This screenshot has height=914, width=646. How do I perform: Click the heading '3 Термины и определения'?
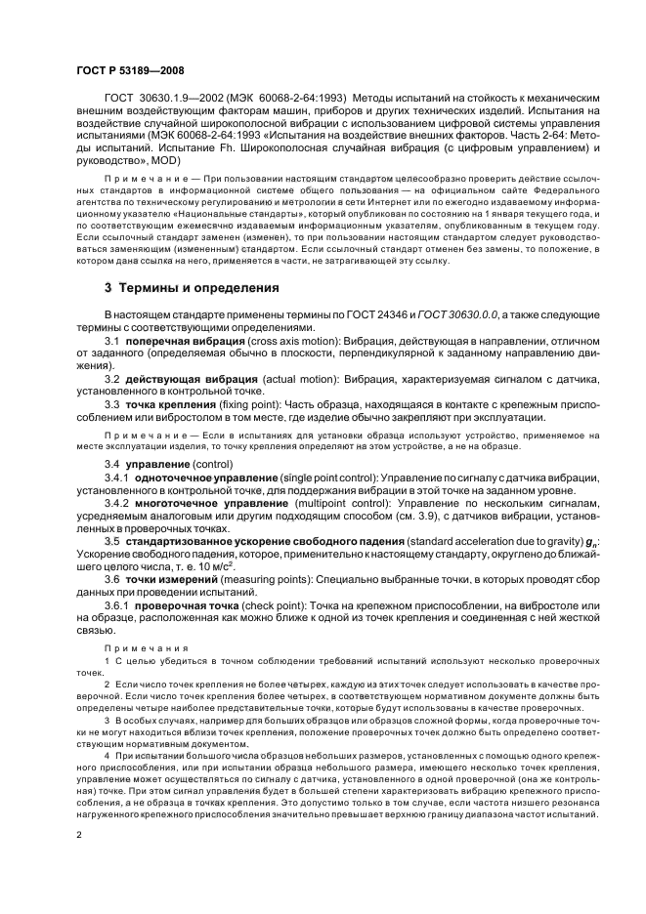click(191, 288)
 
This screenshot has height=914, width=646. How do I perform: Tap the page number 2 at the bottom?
click(79, 836)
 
